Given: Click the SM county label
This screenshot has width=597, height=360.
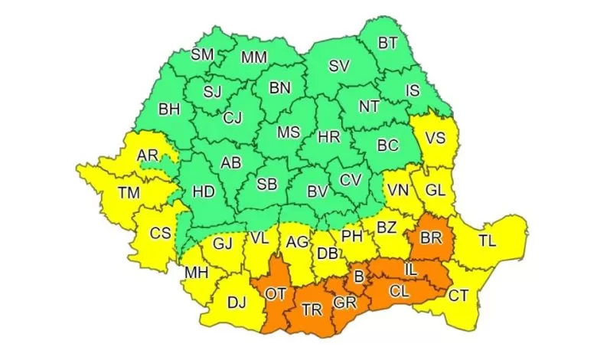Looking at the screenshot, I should pos(203,54).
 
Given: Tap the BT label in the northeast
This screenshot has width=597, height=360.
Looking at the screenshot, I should pos(388,43).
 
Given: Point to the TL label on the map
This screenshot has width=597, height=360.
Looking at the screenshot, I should pos(487,241).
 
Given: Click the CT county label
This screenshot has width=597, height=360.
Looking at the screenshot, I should pos(458,295).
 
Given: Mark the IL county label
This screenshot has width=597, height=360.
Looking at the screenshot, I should pos(410,270).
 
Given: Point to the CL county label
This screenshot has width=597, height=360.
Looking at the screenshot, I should pos(398,291).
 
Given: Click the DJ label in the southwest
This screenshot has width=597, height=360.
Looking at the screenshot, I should pos(237,303).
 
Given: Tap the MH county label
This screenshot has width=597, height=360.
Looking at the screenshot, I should pos(195,272).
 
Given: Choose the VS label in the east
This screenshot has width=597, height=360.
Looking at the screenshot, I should pos(436,139).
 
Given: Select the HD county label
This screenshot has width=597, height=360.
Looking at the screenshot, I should pos(203,191).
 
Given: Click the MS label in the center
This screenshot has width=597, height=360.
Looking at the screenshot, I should pos(289,132).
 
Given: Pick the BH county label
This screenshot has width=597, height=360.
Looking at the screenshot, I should pos(168,110).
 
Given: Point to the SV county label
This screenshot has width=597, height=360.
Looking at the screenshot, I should pos(339,67).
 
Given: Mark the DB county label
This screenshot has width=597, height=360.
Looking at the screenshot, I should pos(329,254).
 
